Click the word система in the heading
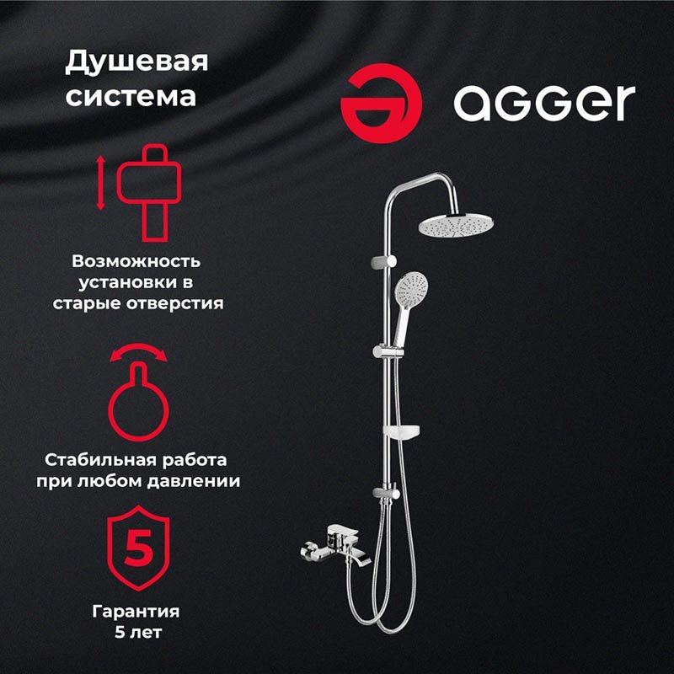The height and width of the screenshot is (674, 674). (x=131, y=96)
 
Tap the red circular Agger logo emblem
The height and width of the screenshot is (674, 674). (x=382, y=104)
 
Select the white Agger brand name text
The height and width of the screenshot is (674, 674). (x=544, y=103)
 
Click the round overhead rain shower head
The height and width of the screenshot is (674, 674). (x=456, y=225)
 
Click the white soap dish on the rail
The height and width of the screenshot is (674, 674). (x=402, y=431)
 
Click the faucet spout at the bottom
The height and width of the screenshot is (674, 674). (x=358, y=558)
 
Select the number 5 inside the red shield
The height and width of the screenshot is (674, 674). (x=138, y=548)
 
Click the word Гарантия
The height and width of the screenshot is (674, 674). (x=136, y=612)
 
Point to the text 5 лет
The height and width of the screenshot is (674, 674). (x=138, y=633)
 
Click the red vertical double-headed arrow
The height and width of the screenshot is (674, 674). (x=100, y=183)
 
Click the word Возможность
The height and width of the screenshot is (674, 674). (x=136, y=261)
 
